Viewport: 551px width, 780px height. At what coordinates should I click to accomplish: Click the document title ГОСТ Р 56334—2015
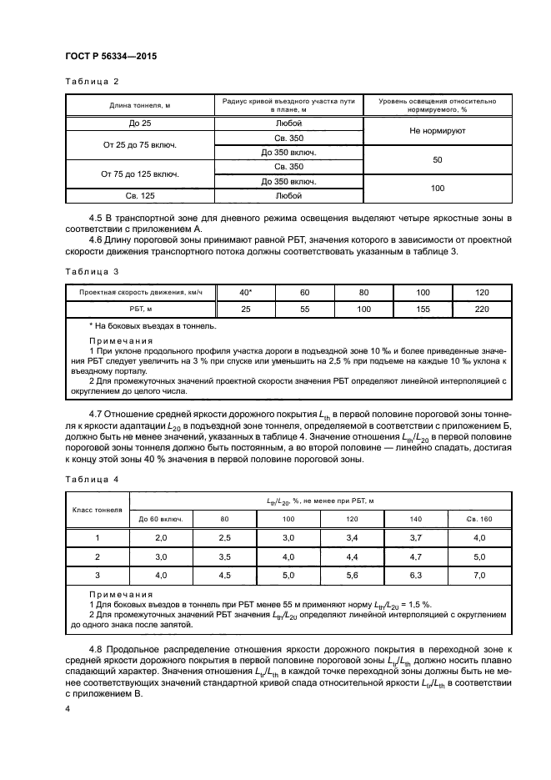[111, 56]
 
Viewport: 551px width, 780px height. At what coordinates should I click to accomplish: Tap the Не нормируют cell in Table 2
[438, 131]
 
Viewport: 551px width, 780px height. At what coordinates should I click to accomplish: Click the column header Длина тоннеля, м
[140, 106]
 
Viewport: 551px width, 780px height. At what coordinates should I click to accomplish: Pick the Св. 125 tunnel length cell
[140, 196]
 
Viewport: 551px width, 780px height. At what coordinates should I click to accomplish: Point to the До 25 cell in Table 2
[140, 123]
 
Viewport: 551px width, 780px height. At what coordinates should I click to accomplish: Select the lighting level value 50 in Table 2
[438, 159]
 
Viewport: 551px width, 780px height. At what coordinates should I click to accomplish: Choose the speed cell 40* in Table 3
[245, 293]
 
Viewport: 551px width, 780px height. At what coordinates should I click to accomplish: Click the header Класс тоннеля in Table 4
[97, 508]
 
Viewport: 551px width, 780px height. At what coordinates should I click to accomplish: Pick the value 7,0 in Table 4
[478, 575]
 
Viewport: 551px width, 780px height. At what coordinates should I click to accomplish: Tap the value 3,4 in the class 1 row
[351, 537]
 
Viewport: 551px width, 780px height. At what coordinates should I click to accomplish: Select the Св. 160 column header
[478, 519]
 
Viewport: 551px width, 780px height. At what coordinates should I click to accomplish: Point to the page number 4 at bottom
[68, 708]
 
